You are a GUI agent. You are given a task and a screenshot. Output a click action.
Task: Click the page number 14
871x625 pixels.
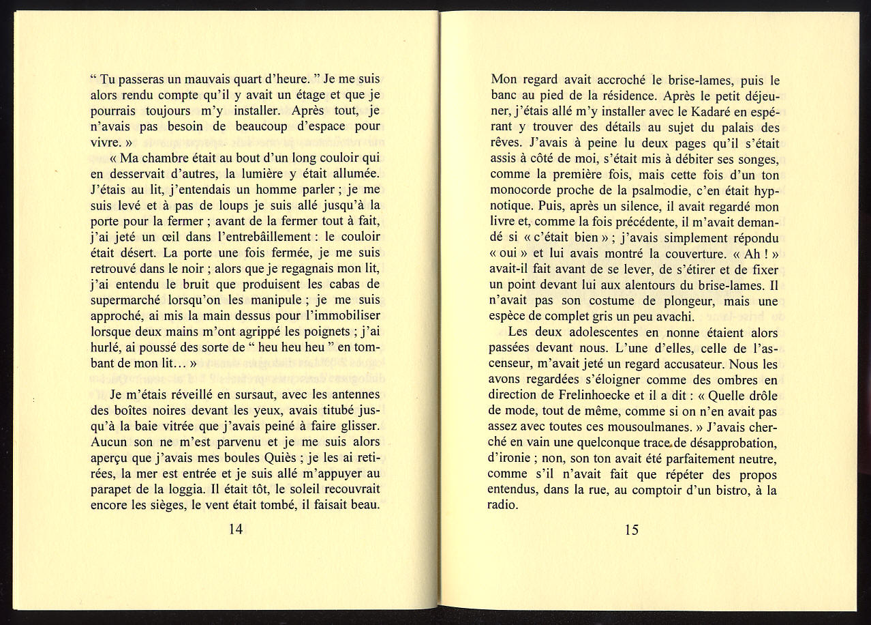pos(235,529)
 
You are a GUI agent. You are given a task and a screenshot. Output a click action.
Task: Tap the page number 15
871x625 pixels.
pos(632,529)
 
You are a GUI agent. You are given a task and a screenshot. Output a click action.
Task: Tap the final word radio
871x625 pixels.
pos(503,506)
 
